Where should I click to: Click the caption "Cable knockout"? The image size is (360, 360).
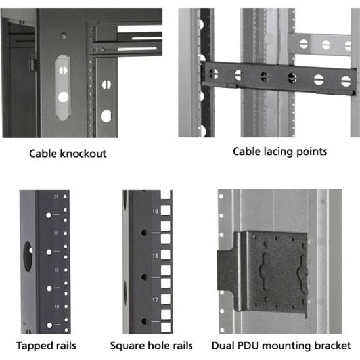click(68, 154)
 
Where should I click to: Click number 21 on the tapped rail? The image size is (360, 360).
click(56, 197)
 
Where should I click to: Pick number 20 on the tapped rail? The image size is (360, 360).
click(56, 233)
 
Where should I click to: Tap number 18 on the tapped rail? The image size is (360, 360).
click(56, 306)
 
